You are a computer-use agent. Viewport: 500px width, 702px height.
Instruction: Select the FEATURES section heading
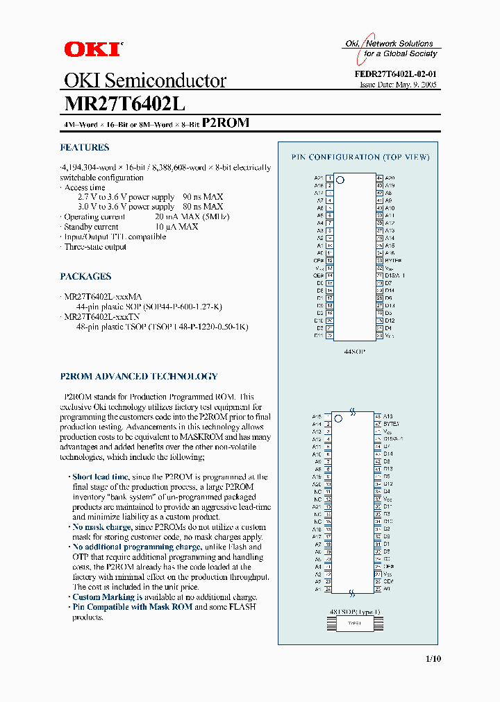85,147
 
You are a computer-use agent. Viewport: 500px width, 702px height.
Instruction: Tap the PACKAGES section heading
86,276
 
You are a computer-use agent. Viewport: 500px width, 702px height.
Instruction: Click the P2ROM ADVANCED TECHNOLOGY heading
139,377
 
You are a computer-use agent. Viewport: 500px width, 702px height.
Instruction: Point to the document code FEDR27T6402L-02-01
397,74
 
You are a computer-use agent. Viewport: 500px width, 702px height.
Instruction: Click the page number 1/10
431,658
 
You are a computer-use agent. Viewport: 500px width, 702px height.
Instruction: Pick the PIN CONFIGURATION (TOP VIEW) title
360,157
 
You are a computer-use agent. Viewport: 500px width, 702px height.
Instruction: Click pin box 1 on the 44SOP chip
329,178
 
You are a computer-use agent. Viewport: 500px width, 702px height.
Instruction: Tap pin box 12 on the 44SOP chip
329,261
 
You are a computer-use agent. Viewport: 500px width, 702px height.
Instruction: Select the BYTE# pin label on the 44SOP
393,261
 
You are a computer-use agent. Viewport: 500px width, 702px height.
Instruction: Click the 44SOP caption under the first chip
355,352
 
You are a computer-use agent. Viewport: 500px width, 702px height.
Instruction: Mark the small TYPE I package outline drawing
354,623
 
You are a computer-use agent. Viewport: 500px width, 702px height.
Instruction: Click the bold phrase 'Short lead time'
101,477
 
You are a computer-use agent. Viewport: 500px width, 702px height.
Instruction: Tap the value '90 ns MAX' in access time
203,197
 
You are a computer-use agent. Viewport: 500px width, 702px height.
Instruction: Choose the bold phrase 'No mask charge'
102,527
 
